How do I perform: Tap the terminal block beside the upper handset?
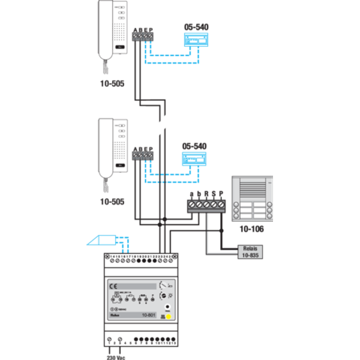[x=143, y=35]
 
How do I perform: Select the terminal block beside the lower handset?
[x=143, y=154]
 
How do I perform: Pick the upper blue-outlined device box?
[x=196, y=40]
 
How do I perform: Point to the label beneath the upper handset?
[x=113, y=83]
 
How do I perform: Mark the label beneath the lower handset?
[x=113, y=202]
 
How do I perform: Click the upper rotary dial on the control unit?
[x=164, y=286]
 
